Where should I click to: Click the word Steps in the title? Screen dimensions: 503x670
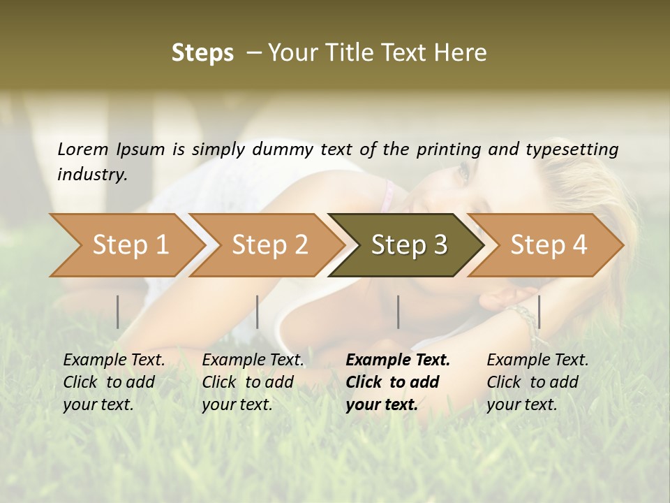(x=202, y=53)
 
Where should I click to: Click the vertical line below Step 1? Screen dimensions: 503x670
(x=118, y=312)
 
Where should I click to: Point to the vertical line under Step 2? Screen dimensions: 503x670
(x=258, y=312)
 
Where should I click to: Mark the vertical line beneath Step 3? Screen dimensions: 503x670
(x=399, y=312)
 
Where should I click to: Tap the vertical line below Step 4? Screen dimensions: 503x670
(x=539, y=312)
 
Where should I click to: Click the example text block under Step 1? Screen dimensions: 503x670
(x=114, y=382)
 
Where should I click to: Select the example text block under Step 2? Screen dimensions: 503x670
(x=253, y=382)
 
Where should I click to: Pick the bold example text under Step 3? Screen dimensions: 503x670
(x=398, y=382)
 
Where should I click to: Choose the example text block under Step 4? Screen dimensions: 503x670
(x=537, y=382)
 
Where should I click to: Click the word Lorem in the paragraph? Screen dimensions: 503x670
(x=83, y=149)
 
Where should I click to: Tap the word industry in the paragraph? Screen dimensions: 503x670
(x=92, y=175)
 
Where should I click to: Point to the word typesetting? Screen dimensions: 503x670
(x=576, y=149)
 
